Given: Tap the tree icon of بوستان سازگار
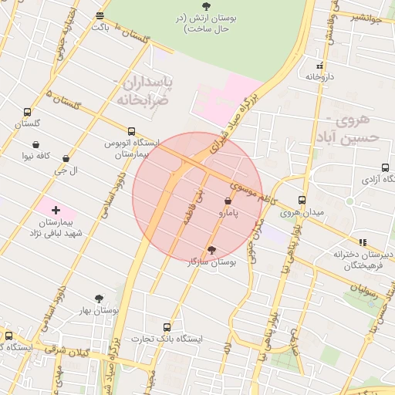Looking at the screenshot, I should click(x=211, y=249).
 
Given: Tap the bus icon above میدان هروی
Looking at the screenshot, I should click(x=302, y=200).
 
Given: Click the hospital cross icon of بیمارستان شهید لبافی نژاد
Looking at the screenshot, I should click(x=56, y=210).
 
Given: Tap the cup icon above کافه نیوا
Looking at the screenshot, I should click(x=35, y=144).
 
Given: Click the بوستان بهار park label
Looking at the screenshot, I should click(x=98, y=310).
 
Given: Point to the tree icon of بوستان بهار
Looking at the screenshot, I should click(x=99, y=298).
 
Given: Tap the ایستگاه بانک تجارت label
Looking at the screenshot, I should click(x=166, y=339).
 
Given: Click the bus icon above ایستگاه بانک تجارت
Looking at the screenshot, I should click(x=167, y=327).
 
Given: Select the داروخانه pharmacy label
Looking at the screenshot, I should click(x=319, y=76).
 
